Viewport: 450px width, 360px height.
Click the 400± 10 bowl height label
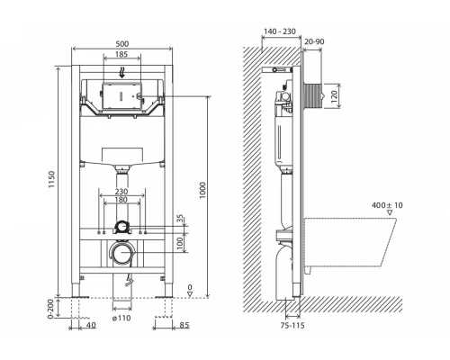(387, 207)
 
